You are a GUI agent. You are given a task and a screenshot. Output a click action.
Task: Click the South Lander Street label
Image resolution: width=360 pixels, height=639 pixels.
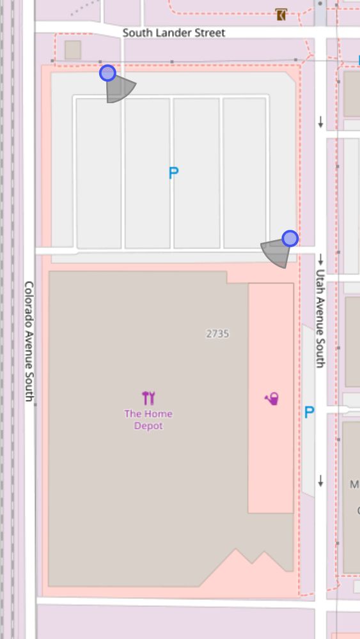point(173,32)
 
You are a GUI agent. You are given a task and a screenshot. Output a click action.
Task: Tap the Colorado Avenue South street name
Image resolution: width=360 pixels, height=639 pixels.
point(29,341)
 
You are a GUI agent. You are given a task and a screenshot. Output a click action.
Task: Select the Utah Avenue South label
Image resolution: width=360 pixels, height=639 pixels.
point(320,318)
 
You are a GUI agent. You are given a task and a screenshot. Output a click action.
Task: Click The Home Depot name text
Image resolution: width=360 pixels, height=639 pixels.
point(148,420)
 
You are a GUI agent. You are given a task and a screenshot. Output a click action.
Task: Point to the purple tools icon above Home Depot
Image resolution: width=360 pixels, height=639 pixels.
point(148,398)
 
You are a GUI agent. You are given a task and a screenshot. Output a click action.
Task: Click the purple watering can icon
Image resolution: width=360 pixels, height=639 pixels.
point(272,399)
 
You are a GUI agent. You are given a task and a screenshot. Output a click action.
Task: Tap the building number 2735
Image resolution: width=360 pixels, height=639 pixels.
point(217,334)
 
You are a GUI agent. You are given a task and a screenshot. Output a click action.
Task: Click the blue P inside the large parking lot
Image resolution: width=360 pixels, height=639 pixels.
point(173,173)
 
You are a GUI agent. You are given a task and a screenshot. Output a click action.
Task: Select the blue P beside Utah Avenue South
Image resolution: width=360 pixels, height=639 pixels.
point(309,413)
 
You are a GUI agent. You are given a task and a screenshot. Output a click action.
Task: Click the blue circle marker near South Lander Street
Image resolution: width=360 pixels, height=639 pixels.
point(107,73)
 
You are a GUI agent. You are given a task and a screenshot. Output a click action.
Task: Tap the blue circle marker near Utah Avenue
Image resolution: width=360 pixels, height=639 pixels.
point(290,238)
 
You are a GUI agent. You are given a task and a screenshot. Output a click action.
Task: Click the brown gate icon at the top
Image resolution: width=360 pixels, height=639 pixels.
point(281,14)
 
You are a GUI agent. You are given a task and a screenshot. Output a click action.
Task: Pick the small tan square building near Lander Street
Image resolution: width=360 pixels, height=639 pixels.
point(73,50)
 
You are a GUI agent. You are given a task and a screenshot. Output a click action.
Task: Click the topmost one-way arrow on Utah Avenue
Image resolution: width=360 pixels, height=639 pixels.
point(320,122)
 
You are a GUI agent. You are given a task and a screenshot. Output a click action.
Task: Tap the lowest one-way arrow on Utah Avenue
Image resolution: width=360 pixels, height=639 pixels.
point(320,481)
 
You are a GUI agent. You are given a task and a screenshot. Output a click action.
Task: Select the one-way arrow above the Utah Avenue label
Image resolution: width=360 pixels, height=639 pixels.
point(320,259)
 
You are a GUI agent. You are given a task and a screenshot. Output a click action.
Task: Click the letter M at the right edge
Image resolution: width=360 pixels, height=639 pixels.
point(354,484)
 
